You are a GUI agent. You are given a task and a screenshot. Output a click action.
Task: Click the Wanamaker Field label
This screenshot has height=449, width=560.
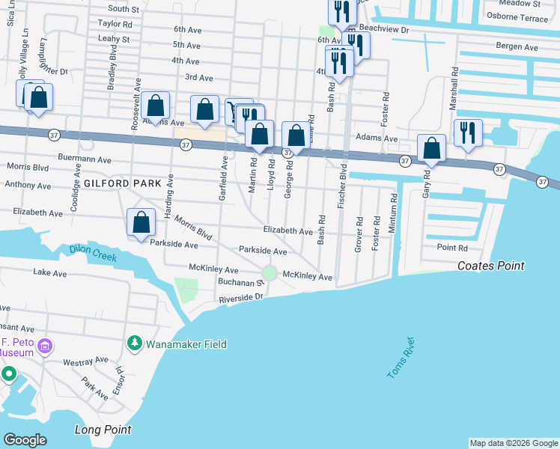(x=186, y=344)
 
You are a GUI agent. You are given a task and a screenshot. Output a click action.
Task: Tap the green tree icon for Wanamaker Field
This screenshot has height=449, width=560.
(x=135, y=344)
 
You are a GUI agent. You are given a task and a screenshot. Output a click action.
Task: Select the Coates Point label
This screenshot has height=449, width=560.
(x=490, y=266)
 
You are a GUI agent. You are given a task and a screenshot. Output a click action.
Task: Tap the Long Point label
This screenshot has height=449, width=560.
(x=103, y=430)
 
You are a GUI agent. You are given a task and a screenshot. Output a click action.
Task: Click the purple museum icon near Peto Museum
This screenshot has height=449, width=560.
(x=45, y=346)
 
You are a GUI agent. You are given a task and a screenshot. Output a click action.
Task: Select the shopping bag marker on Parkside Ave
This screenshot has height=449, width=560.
(x=141, y=222)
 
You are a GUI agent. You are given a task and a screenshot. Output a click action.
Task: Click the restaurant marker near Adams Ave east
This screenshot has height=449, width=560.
(x=468, y=133)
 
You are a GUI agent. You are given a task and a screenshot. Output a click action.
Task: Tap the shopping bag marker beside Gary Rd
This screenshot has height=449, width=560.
(x=432, y=148)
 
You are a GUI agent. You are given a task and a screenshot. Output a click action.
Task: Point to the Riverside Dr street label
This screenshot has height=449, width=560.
(x=242, y=298)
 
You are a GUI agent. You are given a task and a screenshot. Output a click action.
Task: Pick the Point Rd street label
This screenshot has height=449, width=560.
(x=452, y=248)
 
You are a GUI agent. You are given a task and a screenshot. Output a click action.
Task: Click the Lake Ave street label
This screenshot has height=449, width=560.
(x=51, y=273)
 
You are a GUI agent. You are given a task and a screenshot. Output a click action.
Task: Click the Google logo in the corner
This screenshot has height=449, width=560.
(x=25, y=439)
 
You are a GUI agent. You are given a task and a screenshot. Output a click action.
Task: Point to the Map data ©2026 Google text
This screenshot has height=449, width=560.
(x=514, y=443)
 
